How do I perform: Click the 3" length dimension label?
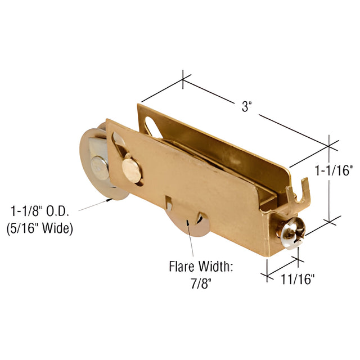247,107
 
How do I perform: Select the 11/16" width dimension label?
298,279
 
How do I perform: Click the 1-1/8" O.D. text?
40,211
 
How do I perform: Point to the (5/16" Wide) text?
40,229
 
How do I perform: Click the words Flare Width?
201,267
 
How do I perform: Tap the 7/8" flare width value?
201,284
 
